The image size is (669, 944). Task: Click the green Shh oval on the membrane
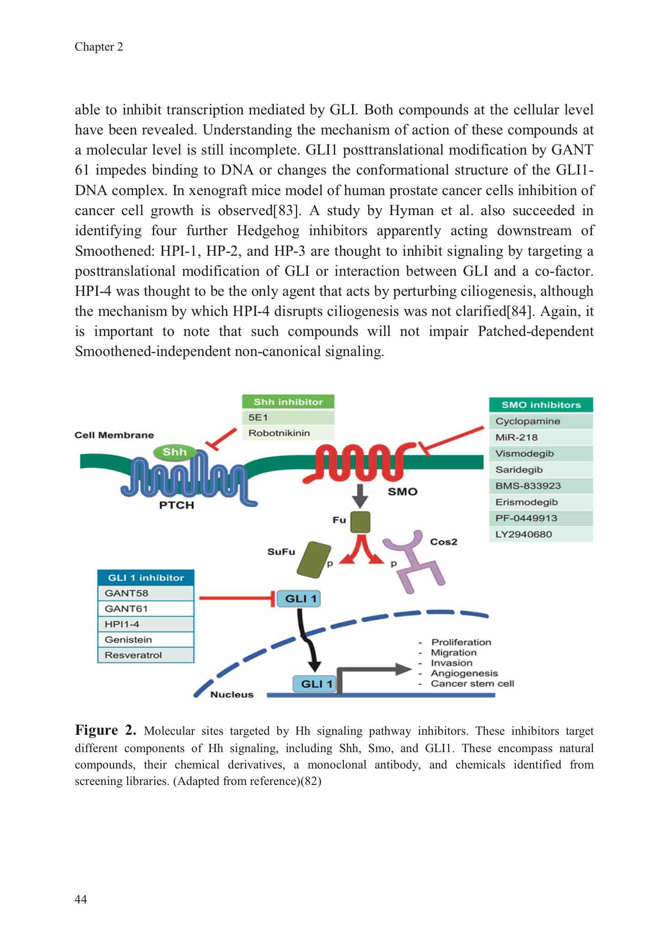(175, 452)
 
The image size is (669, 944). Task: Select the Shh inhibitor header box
(288, 402)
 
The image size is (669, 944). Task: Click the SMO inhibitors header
(541, 405)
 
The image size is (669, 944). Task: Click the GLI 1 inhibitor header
(146, 578)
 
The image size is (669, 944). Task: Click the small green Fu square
(360, 522)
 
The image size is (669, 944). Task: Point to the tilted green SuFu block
(314, 560)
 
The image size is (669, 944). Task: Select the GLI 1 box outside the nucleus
(299, 598)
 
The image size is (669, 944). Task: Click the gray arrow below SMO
(360, 495)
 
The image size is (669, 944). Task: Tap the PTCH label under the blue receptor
(176, 505)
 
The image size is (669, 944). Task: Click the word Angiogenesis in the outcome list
(464, 673)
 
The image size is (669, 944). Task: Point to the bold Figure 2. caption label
(105, 731)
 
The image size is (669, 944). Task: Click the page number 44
(81, 899)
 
